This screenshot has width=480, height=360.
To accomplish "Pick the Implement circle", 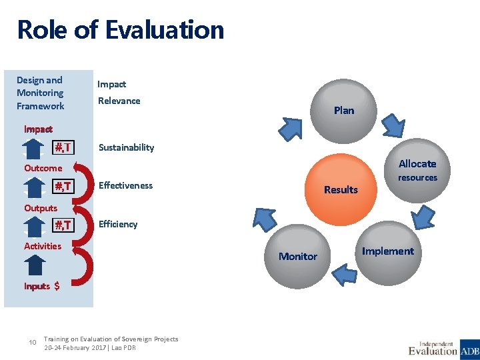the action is pos(388,251).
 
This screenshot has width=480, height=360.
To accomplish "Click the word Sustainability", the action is pos(126,147).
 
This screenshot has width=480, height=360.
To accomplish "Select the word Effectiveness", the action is pos(125,185).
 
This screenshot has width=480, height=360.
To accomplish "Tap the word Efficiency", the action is pos(118,224).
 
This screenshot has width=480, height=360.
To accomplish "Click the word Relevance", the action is pos(119,101).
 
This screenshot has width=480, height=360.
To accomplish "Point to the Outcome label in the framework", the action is pos(43,168).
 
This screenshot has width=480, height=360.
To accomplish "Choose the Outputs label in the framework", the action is pos(41,208).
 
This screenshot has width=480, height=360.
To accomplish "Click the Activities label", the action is pos(43,246).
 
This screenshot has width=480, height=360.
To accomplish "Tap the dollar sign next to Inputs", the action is pos(57,286).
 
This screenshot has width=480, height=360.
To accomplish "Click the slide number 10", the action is pos(33,343).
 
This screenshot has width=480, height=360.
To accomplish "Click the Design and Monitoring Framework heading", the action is pos(41,93).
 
